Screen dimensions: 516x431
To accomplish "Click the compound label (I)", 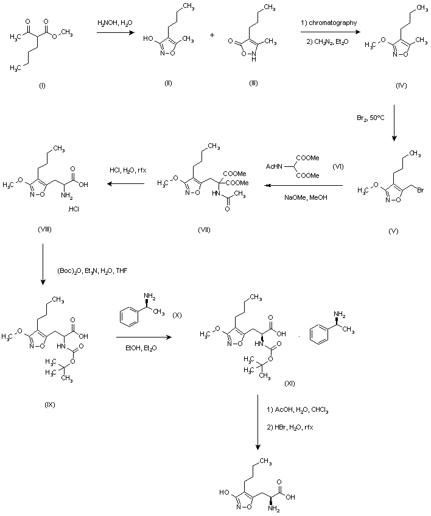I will [x=42, y=85].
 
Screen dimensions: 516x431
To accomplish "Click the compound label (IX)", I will [x=51, y=403].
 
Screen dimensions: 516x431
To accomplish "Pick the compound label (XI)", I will [x=290, y=383].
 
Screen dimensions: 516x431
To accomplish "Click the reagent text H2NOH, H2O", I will [x=114, y=23].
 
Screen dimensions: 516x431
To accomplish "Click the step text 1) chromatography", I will [x=329, y=23].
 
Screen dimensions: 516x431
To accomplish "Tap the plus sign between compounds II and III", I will [x=212, y=35].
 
